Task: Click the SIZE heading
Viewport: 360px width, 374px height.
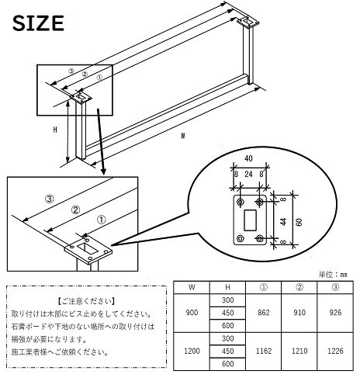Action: click(38, 23)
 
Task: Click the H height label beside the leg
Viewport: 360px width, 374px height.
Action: click(55, 130)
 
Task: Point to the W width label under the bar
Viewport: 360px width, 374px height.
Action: click(183, 136)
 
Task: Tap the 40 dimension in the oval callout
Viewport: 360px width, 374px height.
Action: click(248, 158)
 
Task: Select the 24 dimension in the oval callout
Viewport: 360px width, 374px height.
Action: click(248, 174)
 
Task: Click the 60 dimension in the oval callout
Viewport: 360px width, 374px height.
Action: click(299, 222)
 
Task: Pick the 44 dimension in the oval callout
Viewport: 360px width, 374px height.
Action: click(284, 222)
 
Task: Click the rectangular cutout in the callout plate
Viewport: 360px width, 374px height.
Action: click(250, 220)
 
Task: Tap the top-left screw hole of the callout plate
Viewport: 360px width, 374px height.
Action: click(241, 202)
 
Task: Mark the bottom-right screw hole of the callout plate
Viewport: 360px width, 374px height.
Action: click(260, 238)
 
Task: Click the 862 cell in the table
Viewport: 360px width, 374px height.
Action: click(264, 313)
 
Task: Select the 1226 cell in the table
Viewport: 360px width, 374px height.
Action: click(335, 351)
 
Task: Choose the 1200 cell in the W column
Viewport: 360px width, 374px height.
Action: click(192, 351)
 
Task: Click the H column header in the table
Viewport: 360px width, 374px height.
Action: click(227, 287)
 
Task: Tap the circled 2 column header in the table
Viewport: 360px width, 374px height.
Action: click(299, 287)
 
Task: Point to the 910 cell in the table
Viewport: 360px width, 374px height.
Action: click(299, 313)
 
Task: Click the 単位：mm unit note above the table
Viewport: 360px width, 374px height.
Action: click(333, 275)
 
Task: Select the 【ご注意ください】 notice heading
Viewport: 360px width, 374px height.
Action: click(86, 301)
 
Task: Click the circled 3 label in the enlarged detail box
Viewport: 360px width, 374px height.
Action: click(50, 199)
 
